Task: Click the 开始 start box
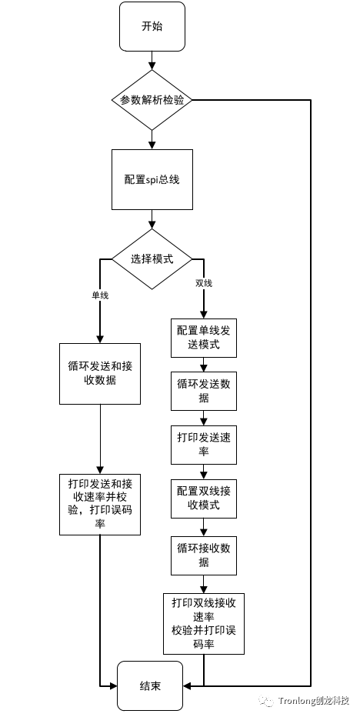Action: (152, 27)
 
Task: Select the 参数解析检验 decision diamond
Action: (152, 100)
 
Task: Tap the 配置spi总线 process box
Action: (152, 179)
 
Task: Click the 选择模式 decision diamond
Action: (152, 258)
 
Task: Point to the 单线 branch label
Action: (100, 295)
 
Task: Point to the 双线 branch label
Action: (203, 283)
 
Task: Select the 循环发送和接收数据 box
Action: (100, 373)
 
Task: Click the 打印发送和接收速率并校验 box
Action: (100, 504)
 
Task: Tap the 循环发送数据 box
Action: (203, 391)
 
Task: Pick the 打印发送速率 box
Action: (203, 445)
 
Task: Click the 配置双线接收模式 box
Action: (203, 499)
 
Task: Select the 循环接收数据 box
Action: (203, 555)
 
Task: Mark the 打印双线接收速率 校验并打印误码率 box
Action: (203, 623)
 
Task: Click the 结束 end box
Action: (151, 686)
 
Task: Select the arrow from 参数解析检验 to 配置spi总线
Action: (152, 138)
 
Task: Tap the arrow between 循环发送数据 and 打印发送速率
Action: (203, 418)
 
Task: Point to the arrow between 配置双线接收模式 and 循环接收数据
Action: (203, 527)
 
